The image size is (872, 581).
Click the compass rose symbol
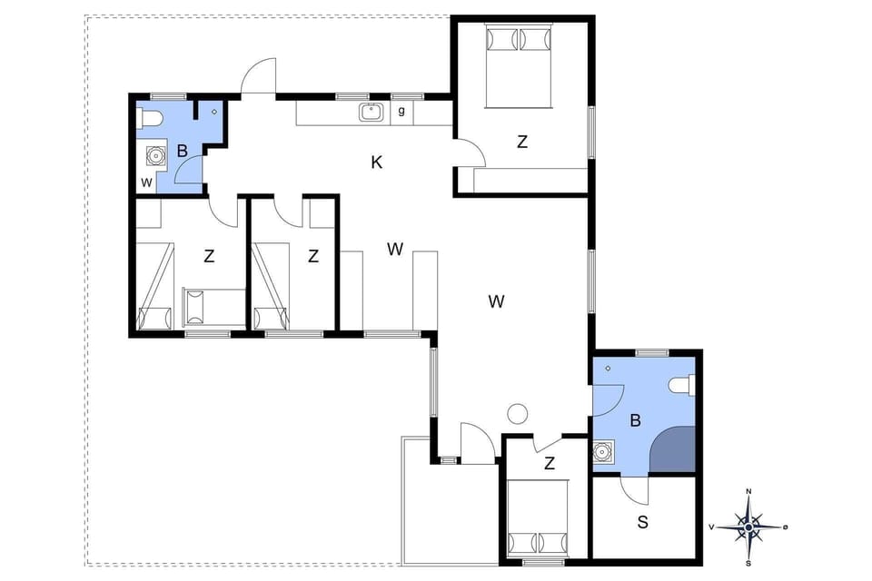[748, 526]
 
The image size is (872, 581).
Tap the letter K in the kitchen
[376, 162]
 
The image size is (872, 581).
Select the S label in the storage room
[643, 522]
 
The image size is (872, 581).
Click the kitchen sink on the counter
[370, 113]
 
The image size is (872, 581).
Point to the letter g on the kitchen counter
[401, 112]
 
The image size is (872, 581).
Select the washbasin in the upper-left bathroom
[156, 156]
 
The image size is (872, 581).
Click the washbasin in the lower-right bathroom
[601, 450]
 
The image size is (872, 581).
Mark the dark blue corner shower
[674, 450]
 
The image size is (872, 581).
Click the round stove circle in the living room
[518, 414]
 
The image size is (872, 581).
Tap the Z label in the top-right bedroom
[521, 142]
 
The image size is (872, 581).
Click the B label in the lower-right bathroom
[636, 420]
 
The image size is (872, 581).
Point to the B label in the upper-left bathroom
[182, 151]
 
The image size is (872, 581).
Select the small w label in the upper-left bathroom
[145, 182]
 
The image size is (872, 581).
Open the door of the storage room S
[636, 490]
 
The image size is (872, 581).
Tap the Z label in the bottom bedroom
[549, 464]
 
